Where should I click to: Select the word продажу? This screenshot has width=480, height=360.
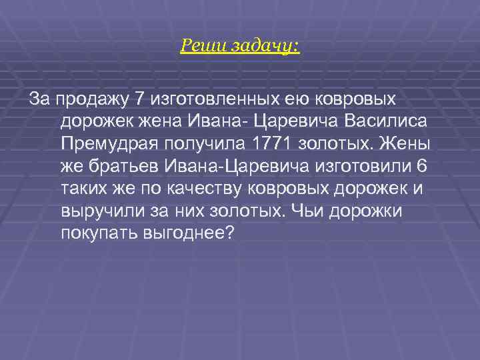pos(93,99)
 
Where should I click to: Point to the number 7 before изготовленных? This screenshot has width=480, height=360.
pos(139,99)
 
